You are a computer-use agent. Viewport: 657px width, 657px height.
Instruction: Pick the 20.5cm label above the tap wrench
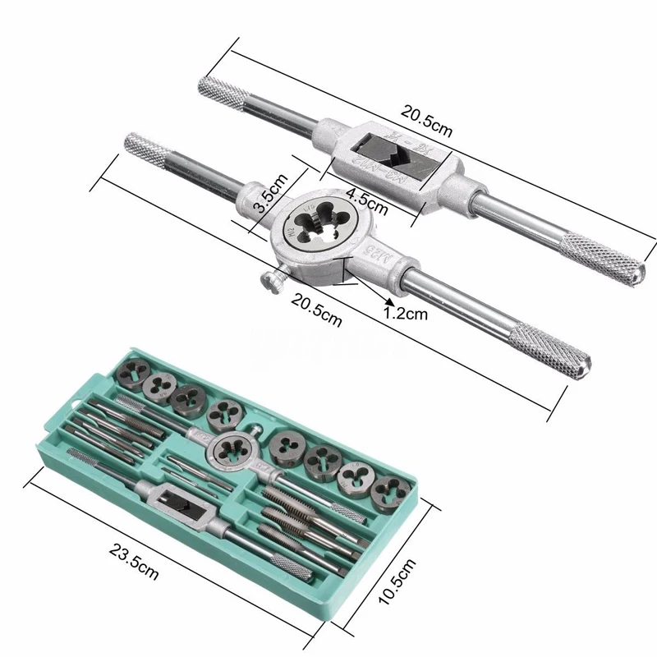pos(425,119)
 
